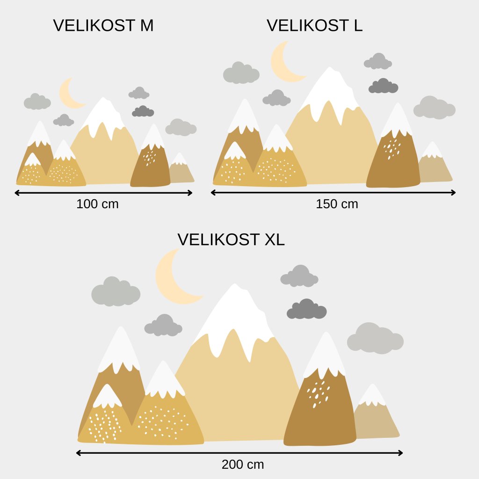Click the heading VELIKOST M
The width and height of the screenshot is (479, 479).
pos(103,26)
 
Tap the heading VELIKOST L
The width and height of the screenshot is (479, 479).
pos(314,26)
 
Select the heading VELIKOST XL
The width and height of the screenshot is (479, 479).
pos(231,239)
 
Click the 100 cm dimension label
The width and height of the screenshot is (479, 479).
pos(97,204)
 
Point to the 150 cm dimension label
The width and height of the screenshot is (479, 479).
pos(337,204)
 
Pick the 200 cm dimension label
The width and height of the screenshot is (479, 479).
pos(243,464)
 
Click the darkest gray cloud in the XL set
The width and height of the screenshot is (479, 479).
pos(307,310)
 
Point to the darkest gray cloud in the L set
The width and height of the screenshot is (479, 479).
pos(383,87)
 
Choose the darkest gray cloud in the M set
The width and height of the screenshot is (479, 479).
pos(143,112)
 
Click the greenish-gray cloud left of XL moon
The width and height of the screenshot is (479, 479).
pos(116,292)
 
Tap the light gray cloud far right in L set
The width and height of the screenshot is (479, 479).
pos(434,108)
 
